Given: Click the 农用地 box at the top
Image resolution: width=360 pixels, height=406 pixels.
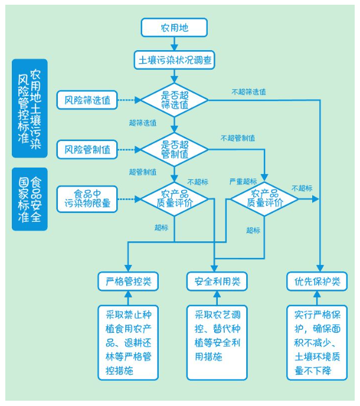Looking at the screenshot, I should [174, 28].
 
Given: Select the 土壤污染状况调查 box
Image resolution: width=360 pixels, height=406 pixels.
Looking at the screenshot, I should [174, 60].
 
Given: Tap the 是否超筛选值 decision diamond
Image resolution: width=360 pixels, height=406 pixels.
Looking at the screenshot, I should [174, 100].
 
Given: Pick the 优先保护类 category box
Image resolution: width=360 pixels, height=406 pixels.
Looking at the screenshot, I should [317, 281].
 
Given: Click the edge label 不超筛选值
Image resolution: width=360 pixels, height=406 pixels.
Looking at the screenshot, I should [248, 91].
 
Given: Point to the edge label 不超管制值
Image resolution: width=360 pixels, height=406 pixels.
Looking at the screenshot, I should [238, 138].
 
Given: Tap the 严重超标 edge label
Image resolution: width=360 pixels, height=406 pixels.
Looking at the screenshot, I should [243, 181].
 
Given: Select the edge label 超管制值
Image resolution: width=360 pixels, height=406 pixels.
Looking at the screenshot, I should [142, 172].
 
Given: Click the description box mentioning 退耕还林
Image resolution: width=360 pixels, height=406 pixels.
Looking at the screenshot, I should [127, 343].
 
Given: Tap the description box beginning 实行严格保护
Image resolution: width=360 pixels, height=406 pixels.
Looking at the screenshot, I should [317, 343].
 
